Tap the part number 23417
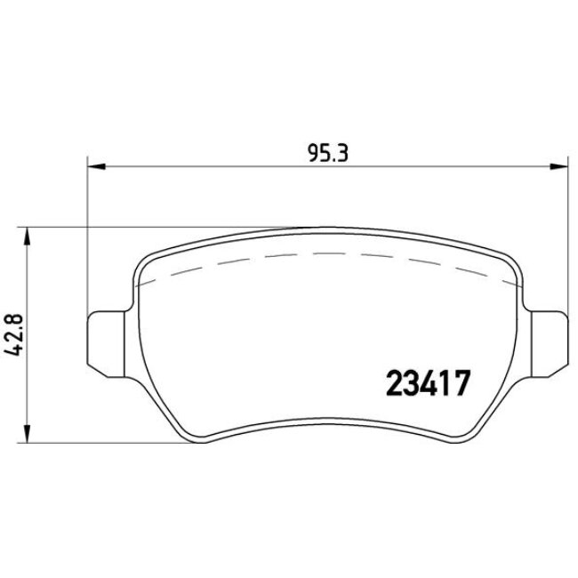point(427,384)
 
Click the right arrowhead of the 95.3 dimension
point(560,165)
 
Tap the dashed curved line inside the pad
point(329,254)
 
